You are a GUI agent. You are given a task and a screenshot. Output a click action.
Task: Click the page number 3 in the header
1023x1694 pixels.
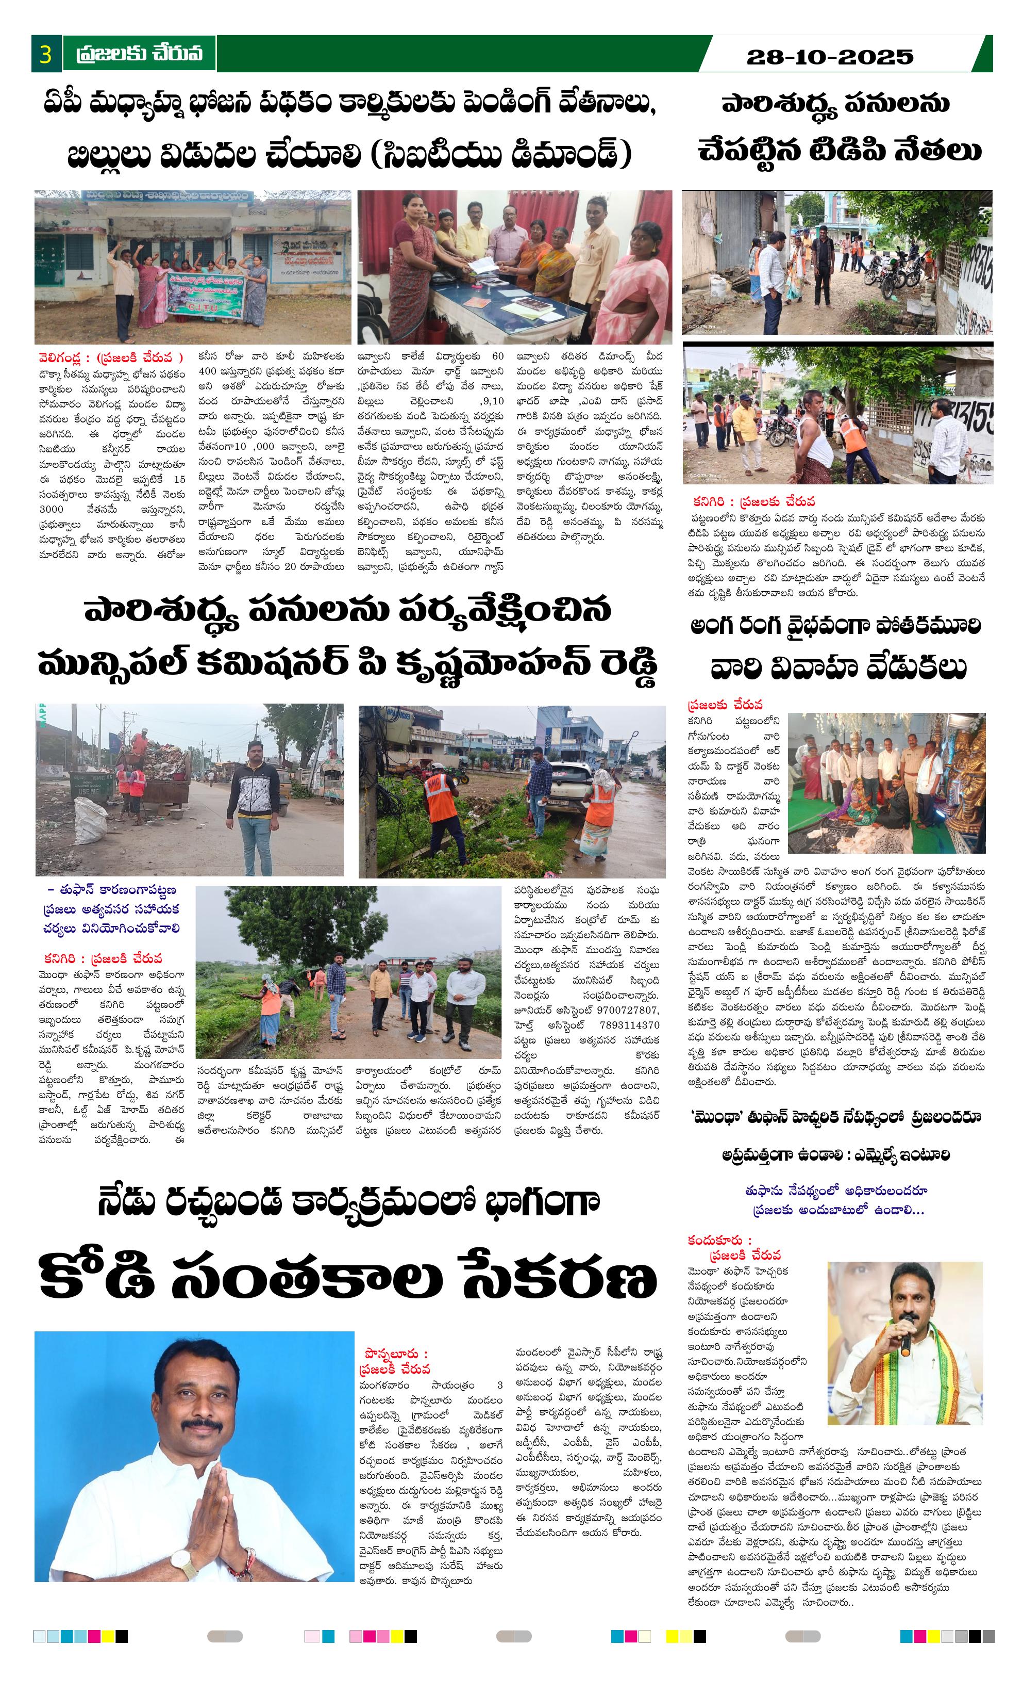(x=45, y=54)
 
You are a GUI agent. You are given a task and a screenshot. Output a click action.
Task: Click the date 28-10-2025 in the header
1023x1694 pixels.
(x=829, y=56)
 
